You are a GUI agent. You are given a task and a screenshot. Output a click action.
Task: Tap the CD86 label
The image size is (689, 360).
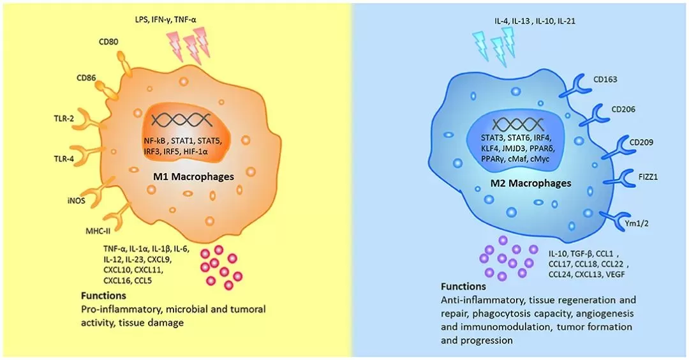(x=87, y=79)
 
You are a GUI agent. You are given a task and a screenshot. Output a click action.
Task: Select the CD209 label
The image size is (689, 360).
(x=643, y=142)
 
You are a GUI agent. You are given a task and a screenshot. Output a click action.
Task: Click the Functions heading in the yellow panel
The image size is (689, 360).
(x=103, y=296)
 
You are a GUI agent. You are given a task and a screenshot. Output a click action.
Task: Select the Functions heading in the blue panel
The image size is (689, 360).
(x=463, y=286)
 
